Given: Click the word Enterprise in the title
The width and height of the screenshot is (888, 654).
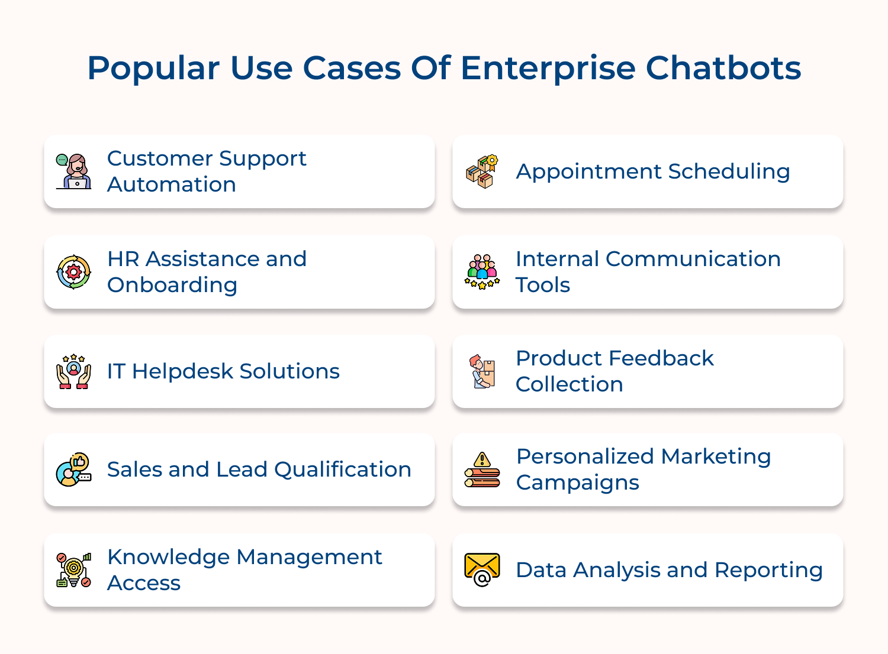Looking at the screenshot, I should [548, 69].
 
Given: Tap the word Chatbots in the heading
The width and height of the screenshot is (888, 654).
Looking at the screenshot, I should [723, 69].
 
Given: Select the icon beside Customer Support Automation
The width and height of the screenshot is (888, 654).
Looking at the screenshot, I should [73, 171].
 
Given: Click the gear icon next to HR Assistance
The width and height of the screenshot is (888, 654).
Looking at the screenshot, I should [73, 272].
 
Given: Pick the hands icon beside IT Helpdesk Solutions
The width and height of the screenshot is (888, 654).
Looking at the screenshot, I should [73, 371].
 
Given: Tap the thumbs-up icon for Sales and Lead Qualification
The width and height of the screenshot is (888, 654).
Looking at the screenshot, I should [73, 470].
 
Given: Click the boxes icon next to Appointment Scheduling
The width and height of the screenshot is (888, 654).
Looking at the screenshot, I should [482, 171].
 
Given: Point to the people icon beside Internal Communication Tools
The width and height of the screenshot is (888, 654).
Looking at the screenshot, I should [482, 272].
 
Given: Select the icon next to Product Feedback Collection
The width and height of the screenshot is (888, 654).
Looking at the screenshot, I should [482, 371].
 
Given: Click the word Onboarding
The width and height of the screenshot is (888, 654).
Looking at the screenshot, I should [172, 286].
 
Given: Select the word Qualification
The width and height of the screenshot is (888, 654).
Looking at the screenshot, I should [343, 470].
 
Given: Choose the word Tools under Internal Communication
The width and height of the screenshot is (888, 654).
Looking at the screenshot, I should [542, 286].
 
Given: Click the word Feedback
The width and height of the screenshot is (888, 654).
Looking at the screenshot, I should [661, 358].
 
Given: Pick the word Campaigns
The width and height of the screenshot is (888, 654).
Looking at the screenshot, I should [577, 483].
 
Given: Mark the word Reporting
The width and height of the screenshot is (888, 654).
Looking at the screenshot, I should [768, 571].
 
